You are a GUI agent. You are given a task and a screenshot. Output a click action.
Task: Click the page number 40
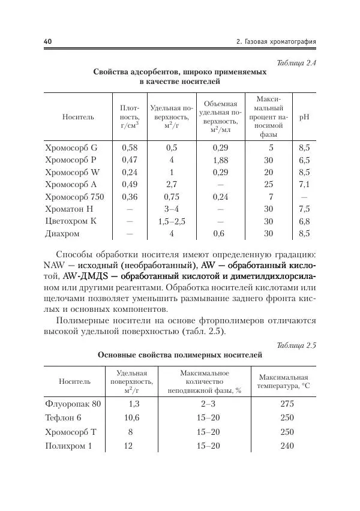48,41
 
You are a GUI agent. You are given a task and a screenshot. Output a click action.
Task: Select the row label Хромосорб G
71,147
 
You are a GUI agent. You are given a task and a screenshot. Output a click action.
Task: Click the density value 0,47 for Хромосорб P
130,161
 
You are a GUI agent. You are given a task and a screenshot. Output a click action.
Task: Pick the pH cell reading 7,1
304,184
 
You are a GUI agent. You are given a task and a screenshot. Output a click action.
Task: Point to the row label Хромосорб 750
74,196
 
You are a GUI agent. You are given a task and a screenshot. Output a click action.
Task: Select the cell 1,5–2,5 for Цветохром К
172,221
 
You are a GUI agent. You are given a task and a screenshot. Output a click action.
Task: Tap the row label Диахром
62,234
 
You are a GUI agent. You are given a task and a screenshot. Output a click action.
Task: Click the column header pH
304,117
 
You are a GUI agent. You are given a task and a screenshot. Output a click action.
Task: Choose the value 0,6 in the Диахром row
220,234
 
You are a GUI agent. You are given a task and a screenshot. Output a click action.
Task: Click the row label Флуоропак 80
73,404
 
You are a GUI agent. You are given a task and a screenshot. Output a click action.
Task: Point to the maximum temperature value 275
287,404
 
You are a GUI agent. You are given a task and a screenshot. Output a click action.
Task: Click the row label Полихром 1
69,446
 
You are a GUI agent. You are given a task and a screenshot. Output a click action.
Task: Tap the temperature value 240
287,446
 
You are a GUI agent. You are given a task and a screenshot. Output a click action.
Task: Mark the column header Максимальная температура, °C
284,381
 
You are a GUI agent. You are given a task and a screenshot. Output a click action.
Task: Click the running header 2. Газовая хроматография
276,41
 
